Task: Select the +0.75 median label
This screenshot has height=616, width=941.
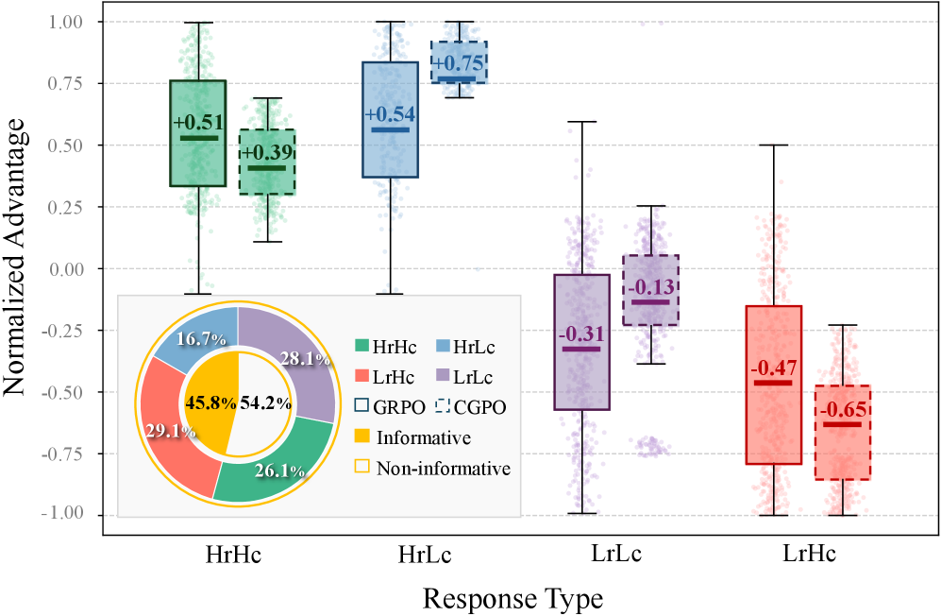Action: (x=459, y=63)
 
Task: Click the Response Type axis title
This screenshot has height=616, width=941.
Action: (x=513, y=599)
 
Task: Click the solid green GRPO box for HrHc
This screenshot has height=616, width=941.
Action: (x=197, y=161)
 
